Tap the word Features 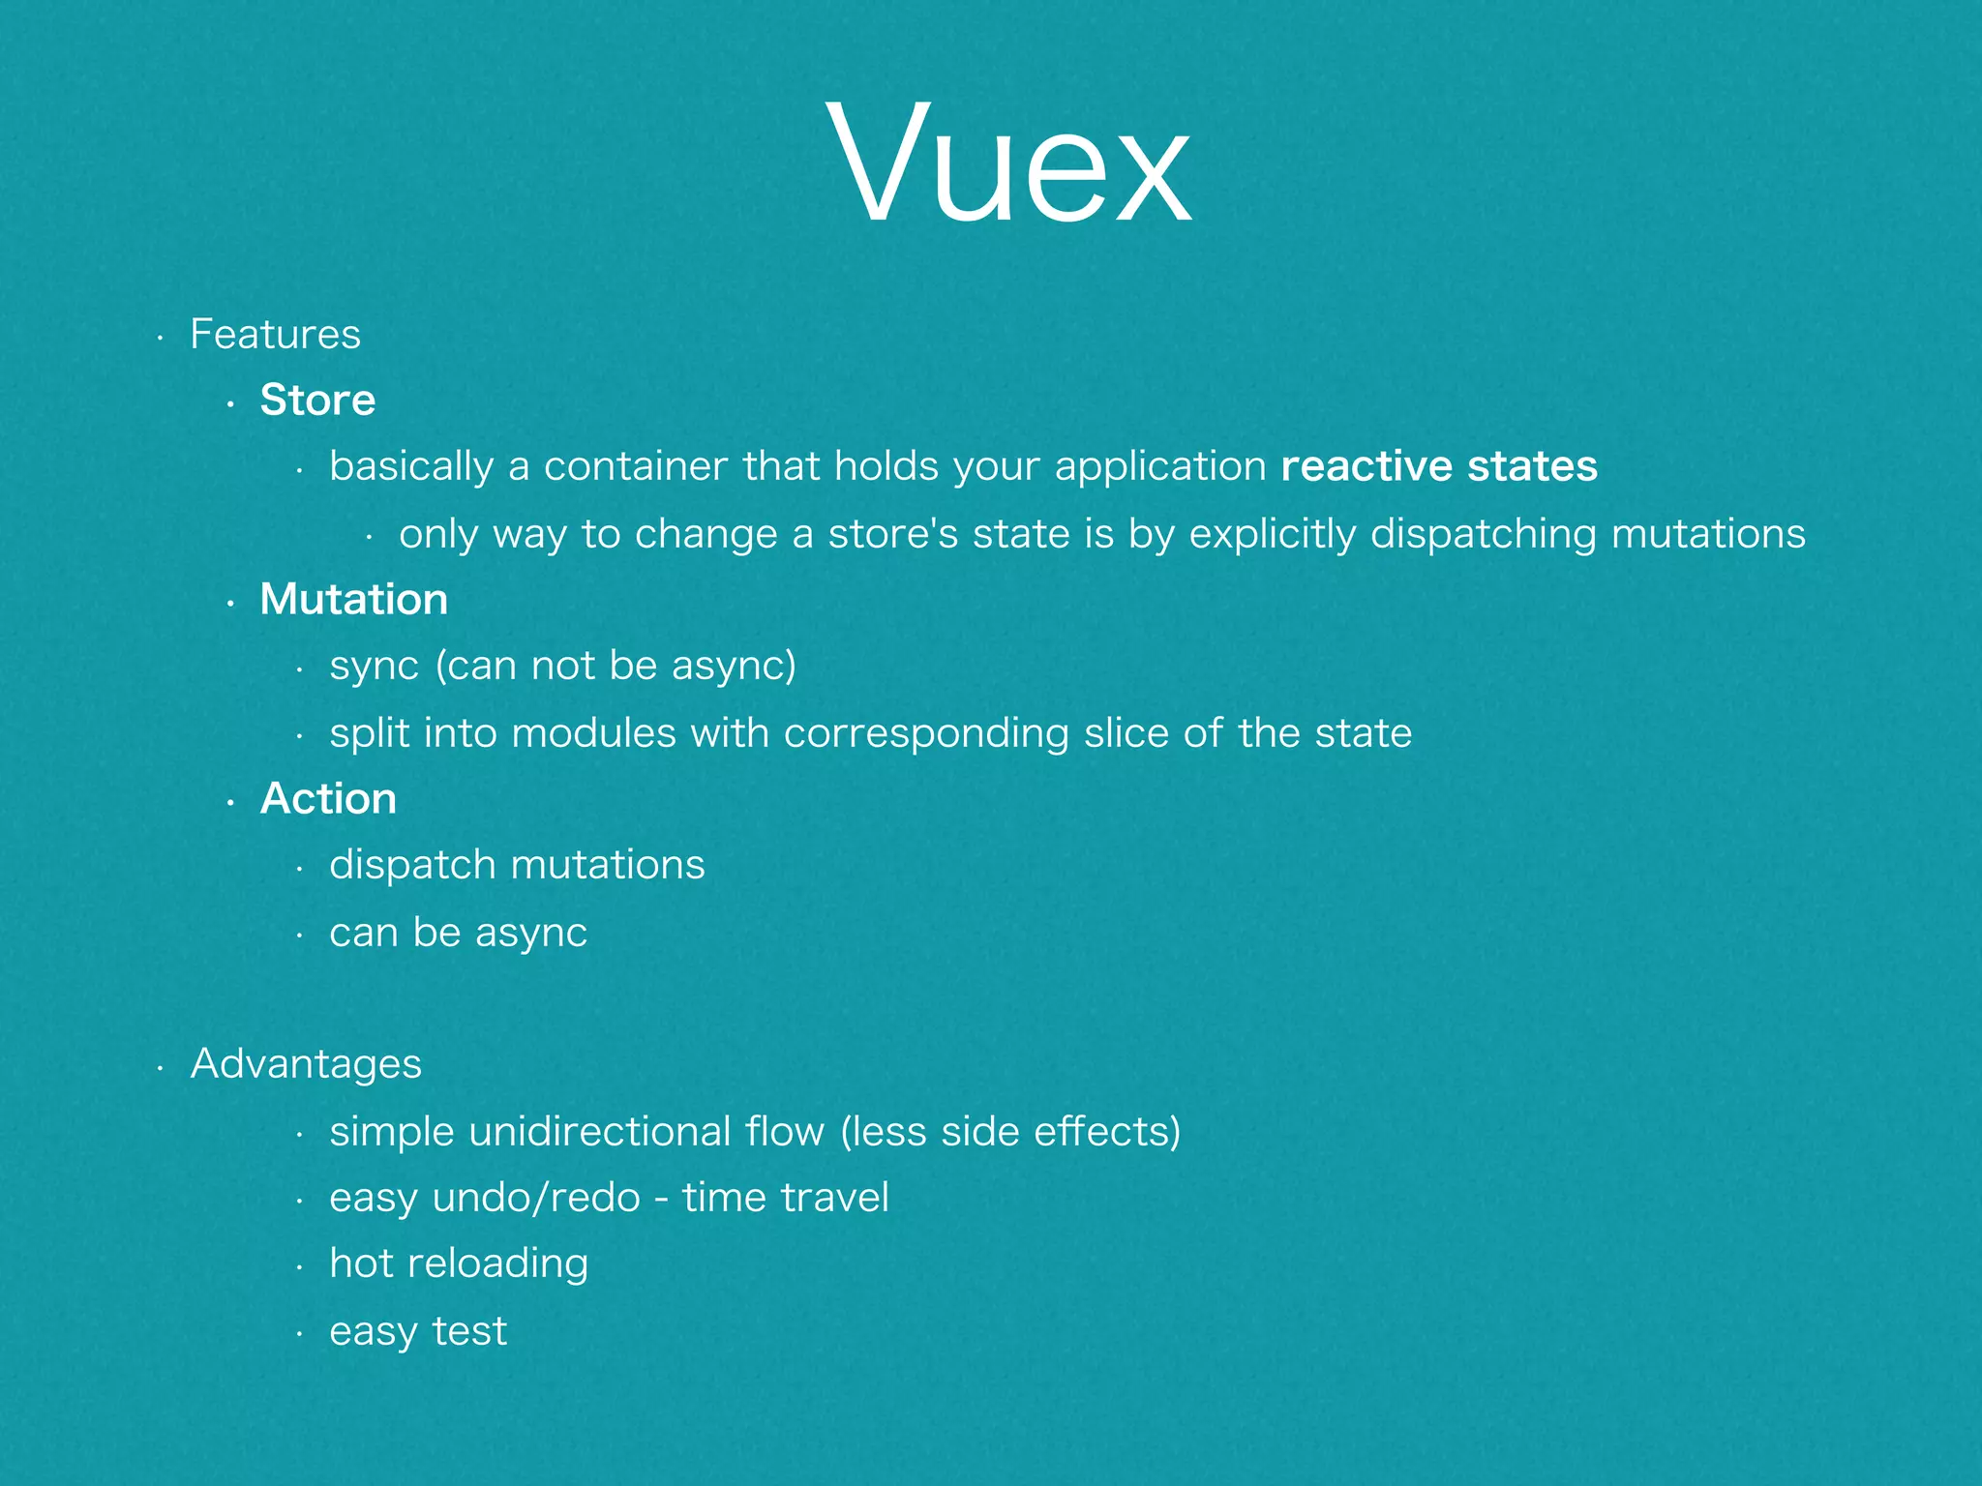click(275, 335)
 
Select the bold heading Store click(317, 401)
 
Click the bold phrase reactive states click(1438, 466)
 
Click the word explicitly click(1273, 534)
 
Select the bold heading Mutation click(353, 600)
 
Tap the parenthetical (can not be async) click(616, 667)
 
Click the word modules click(593, 733)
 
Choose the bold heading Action click(328, 799)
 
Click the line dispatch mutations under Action click(517, 865)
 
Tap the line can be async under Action click(458, 933)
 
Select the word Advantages click(306, 1064)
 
